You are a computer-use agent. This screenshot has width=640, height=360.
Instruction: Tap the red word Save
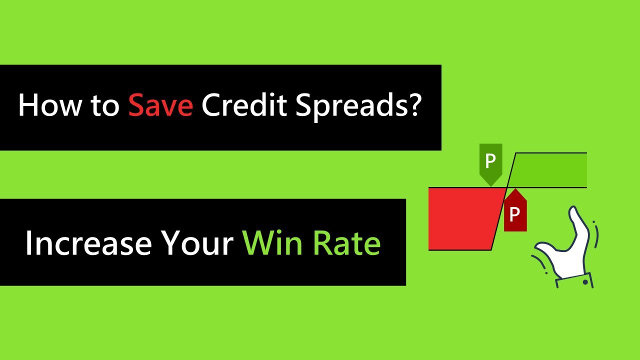160,106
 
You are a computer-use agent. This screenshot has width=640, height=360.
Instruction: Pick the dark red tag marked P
515,213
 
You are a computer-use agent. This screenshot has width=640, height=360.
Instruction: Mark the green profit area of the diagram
550,170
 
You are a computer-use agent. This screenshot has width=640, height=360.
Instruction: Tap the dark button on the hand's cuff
585,282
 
